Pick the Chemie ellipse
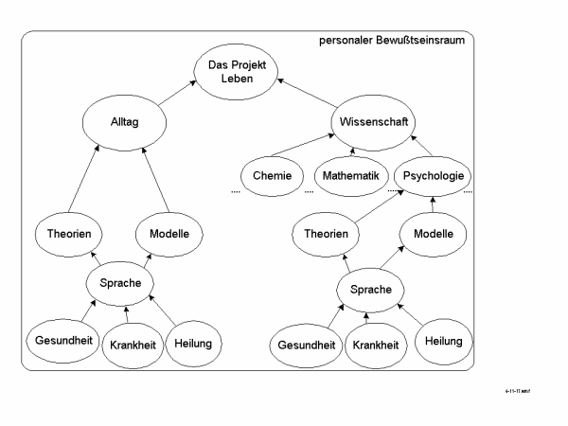click(x=271, y=175)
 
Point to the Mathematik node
click(x=350, y=175)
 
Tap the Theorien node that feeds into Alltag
click(x=75, y=233)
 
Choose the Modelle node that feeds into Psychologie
click(x=435, y=233)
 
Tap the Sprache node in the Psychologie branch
click(x=370, y=289)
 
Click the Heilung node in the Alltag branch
click(x=194, y=341)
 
